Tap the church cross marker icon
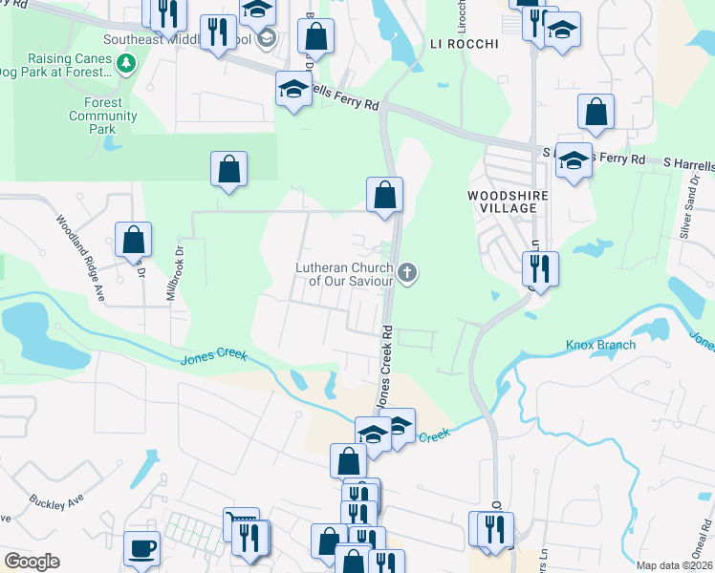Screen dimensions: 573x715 click(x=408, y=274)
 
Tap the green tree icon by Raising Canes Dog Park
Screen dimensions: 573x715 click(x=126, y=64)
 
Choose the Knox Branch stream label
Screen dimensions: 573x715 click(x=600, y=345)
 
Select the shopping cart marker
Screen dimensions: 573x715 click(x=241, y=524)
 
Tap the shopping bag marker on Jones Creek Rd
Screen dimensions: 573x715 click(x=384, y=195)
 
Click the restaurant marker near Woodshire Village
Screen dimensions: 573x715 click(x=541, y=269)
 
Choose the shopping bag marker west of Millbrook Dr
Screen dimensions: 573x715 click(x=134, y=241)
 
